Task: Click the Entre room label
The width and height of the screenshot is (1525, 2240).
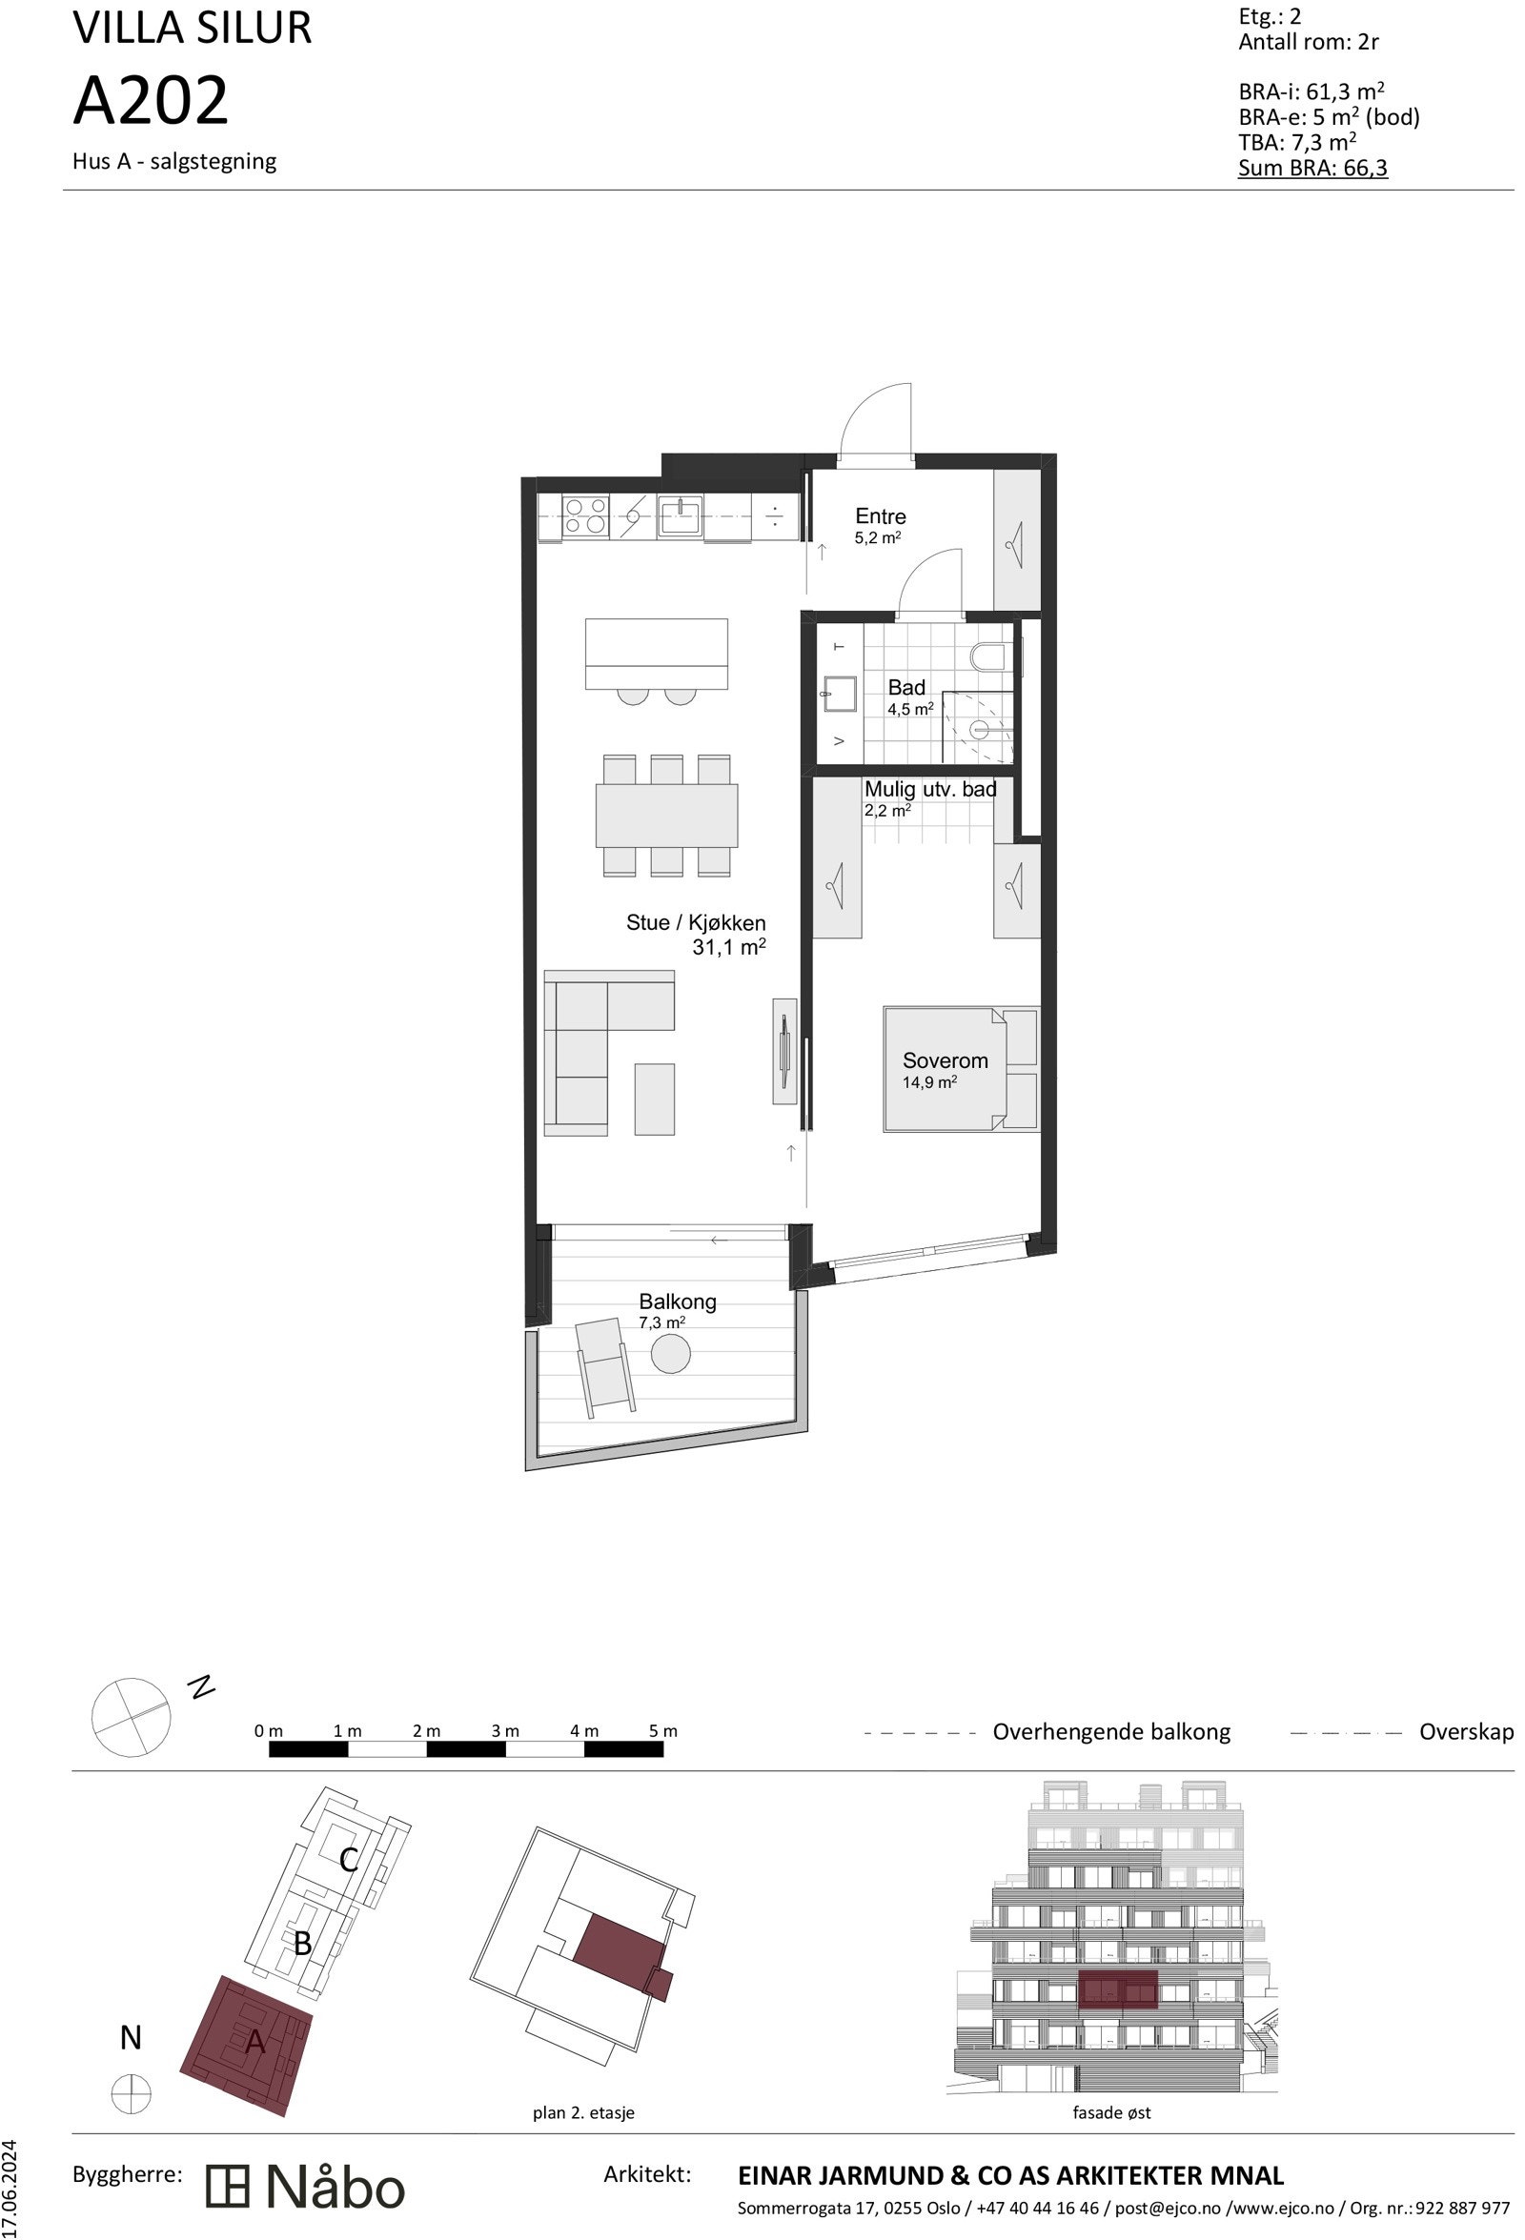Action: click(x=879, y=516)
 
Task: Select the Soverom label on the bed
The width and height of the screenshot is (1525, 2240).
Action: click(x=944, y=1060)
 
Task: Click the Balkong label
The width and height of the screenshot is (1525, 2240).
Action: click(x=677, y=1302)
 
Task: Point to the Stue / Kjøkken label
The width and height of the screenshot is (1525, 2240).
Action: click(x=695, y=923)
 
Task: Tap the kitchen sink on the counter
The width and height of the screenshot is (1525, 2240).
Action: click(x=681, y=515)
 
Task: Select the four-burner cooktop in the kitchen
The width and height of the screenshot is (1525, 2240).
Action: click(x=585, y=515)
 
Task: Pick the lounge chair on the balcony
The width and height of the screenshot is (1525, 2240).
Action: click(x=604, y=1366)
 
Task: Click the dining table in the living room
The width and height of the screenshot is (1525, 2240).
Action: click(x=666, y=815)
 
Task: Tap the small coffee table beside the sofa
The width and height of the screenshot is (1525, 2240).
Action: click(x=654, y=1099)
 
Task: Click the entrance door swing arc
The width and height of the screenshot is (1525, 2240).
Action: click(x=874, y=419)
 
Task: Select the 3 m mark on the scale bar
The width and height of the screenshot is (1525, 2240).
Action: click(x=505, y=1731)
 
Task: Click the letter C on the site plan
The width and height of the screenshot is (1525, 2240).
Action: click(x=349, y=1859)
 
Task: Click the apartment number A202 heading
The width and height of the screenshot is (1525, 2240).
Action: click(x=152, y=101)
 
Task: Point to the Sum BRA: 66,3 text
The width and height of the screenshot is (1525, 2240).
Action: click(x=1311, y=169)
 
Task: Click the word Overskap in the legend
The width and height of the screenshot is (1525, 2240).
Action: click(x=1465, y=1732)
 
